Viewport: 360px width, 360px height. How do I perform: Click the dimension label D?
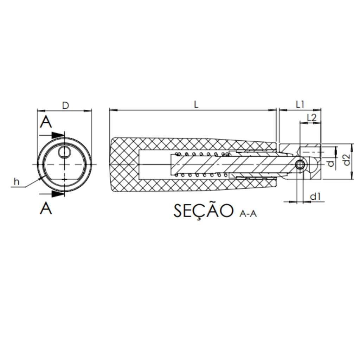tap(66, 105)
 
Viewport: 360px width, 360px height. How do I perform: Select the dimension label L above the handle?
tap(196, 105)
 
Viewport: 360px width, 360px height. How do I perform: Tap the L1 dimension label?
tap(300, 105)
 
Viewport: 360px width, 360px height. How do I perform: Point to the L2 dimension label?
tap(311, 117)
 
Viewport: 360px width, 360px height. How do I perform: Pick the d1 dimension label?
tap(315, 197)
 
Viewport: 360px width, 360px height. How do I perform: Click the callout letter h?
tap(16, 182)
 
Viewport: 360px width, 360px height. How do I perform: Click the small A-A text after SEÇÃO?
tap(248, 214)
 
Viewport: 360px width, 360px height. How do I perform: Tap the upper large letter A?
tap(46, 122)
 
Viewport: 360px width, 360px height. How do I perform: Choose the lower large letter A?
tap(46, 208)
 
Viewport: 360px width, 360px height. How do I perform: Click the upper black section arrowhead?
tap(57, 135)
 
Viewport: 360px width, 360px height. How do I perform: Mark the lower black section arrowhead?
tap(57, 194)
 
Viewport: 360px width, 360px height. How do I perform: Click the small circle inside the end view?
tap(64, 152)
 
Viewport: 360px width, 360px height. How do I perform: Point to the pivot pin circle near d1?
tap(300, 165)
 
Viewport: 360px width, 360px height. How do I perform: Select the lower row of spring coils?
tap(201, 175)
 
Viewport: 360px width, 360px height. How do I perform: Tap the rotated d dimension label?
tap(330, 163)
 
